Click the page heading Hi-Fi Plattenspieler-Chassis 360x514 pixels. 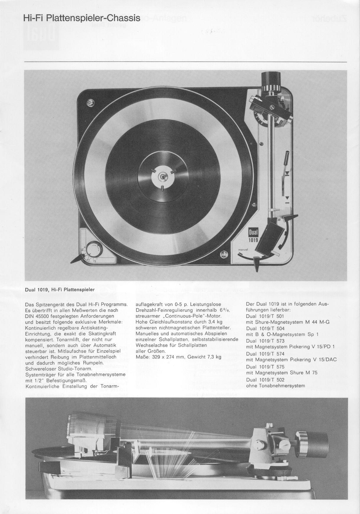coord(82,18)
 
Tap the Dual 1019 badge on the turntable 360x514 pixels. coord(253,235)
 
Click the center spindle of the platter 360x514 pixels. coord(162,177)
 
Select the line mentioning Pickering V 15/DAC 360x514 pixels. coord(291,360)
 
